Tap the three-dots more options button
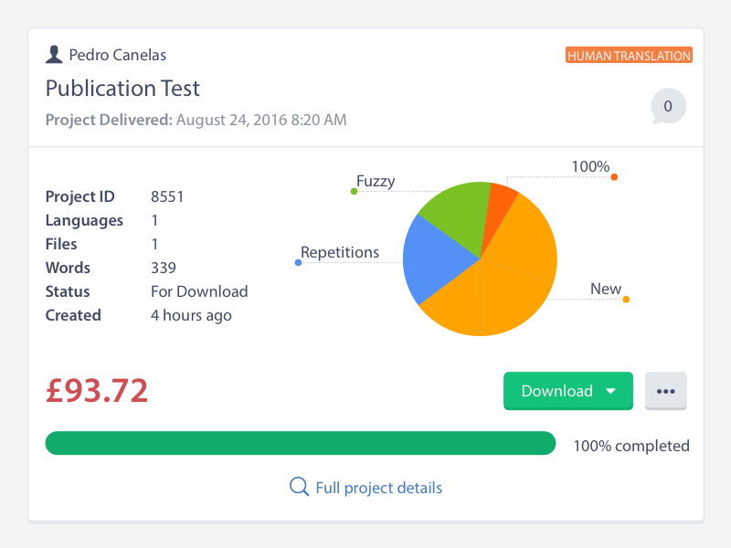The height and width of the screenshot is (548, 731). (665, 391)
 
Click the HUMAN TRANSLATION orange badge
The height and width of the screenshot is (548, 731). (629, 56)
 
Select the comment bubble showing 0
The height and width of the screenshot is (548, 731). (668, 107)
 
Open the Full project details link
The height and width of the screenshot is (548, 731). (378, 488)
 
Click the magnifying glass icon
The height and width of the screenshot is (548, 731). (299, 487)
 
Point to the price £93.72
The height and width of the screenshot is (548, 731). (97, 390)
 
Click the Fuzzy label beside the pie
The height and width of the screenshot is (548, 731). (376, 181)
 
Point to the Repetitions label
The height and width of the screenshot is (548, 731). (339, 253)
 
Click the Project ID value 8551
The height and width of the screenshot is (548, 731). (167, 196)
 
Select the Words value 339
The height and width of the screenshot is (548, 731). (164, 268)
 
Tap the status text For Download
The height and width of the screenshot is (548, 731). (199, 291)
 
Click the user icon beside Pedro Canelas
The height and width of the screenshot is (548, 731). (54, 55)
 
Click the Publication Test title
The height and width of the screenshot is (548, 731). (122, 89)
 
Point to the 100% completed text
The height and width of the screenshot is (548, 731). (630, 446)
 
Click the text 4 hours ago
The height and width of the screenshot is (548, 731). (191, 315)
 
